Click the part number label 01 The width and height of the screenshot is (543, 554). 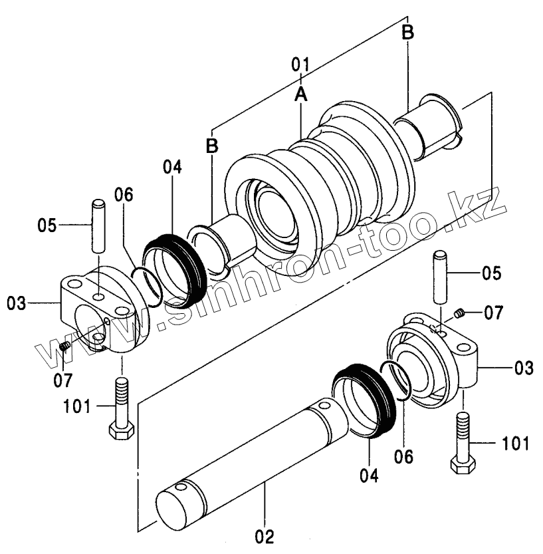pos(300,65)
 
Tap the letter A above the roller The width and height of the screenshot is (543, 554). pos(301,94)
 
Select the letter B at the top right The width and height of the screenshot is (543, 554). pos(408,33)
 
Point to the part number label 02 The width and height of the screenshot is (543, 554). pos(265,537)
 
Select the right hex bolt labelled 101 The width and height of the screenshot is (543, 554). pos(463,443)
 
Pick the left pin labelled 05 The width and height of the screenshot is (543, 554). pos(98,226)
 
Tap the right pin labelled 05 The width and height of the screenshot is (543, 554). pos(440,277)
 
